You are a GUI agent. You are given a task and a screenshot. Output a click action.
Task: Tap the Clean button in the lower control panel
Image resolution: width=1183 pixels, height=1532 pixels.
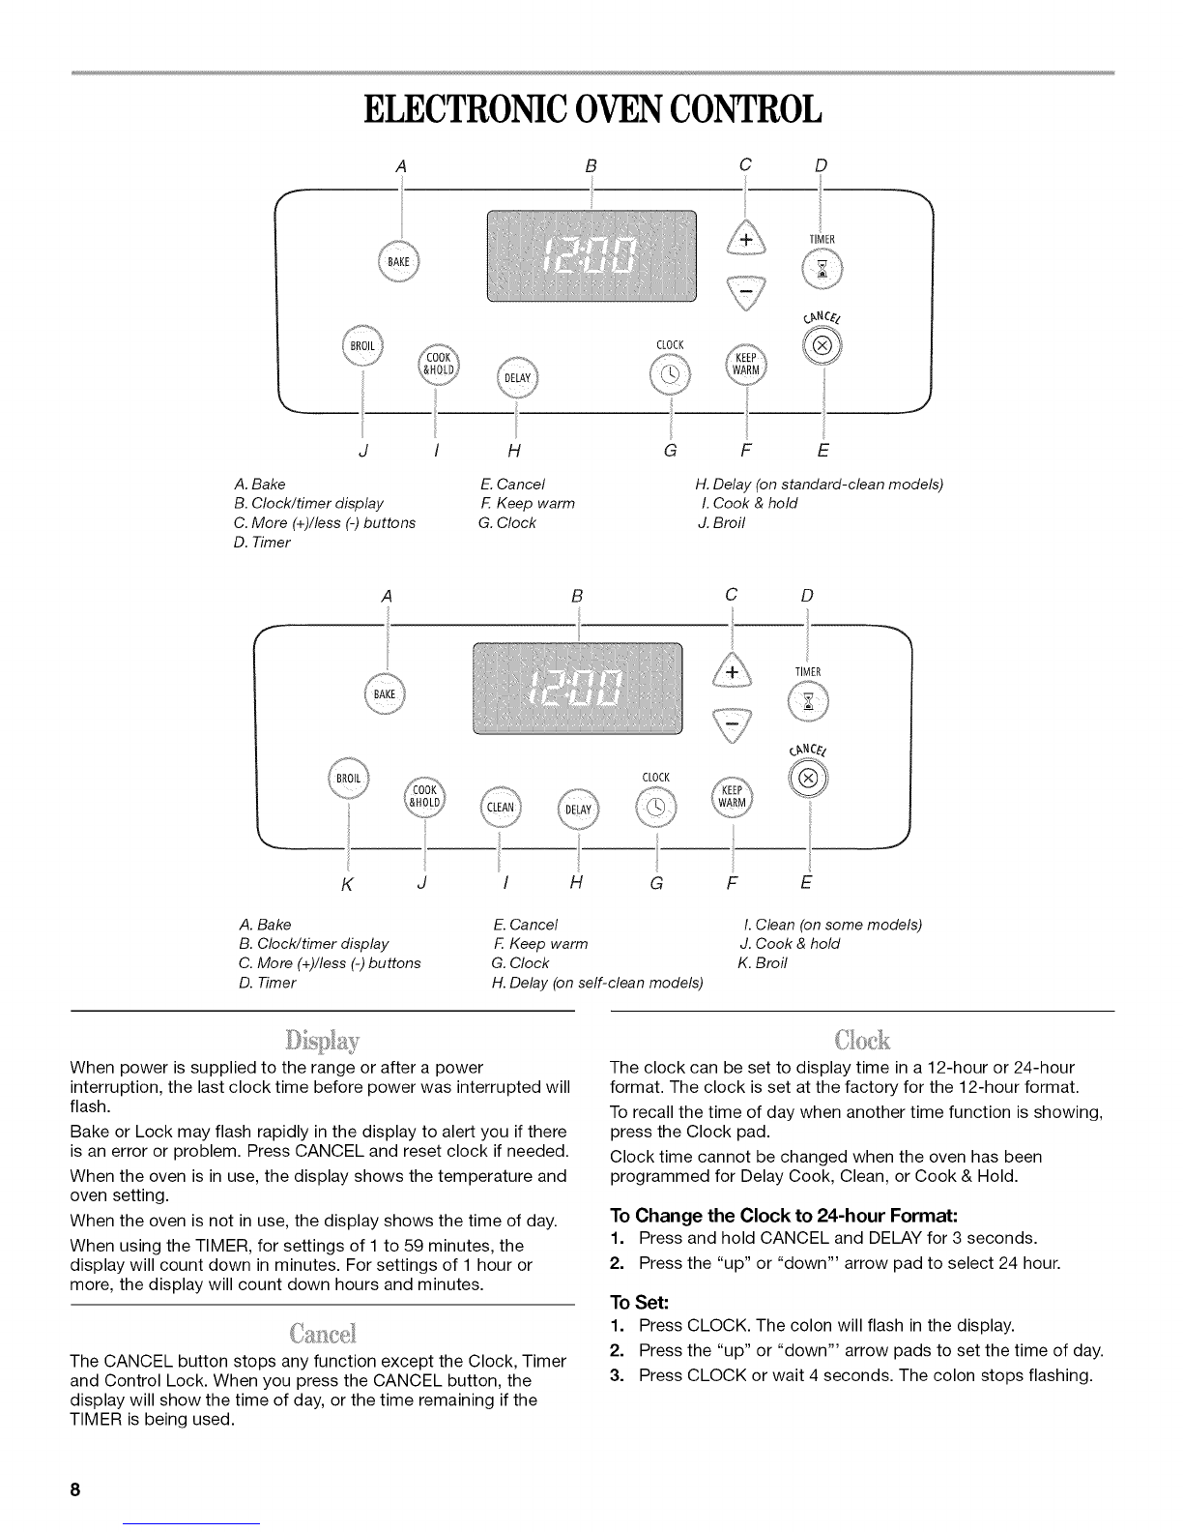[501, 808]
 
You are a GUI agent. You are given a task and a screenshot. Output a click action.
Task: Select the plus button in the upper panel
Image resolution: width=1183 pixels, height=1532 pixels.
[745, 239]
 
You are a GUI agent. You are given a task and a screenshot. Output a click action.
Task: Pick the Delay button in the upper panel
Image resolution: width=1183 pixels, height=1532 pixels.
[517, 377]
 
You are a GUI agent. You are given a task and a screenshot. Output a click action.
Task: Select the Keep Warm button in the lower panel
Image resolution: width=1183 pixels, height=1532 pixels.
[733, 796]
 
